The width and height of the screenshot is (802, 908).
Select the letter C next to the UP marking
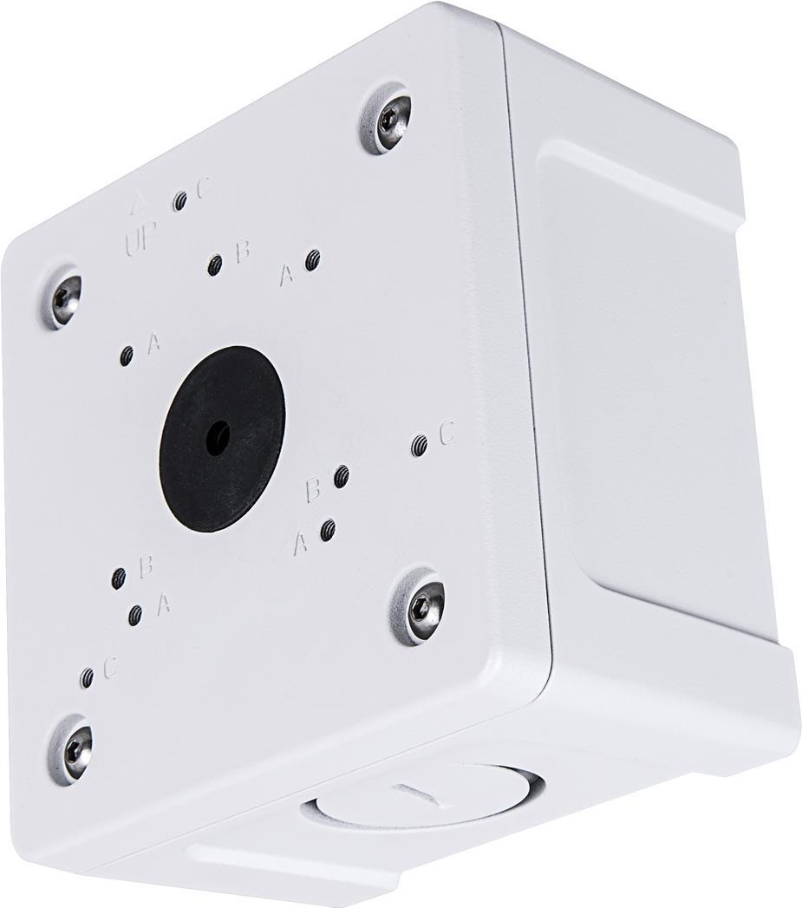click(x=205, y=188)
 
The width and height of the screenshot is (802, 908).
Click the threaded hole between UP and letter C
click(x=180, y=201)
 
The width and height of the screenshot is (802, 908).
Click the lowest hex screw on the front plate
click(x=74, y=748)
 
